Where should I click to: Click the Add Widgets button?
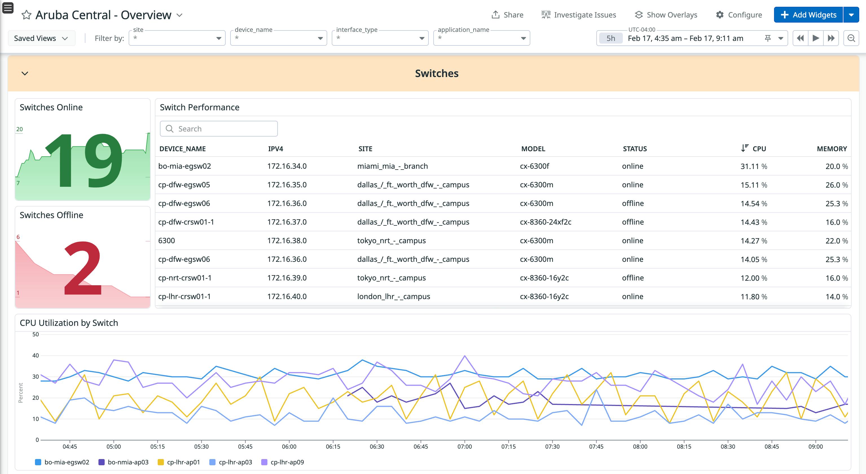808,15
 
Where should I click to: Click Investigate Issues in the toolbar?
579,15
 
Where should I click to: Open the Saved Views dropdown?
41,38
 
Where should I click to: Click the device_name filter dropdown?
278,38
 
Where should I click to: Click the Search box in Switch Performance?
219,129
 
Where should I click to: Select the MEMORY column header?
831,149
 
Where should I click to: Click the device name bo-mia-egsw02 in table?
184,166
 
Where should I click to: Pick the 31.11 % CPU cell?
753,166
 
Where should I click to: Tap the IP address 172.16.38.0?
287,241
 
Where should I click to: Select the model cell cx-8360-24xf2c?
545,222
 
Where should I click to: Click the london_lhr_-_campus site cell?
393,297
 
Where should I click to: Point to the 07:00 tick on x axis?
464,446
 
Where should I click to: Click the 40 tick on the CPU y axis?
35,355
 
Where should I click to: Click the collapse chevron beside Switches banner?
25,73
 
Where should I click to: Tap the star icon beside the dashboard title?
26,15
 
